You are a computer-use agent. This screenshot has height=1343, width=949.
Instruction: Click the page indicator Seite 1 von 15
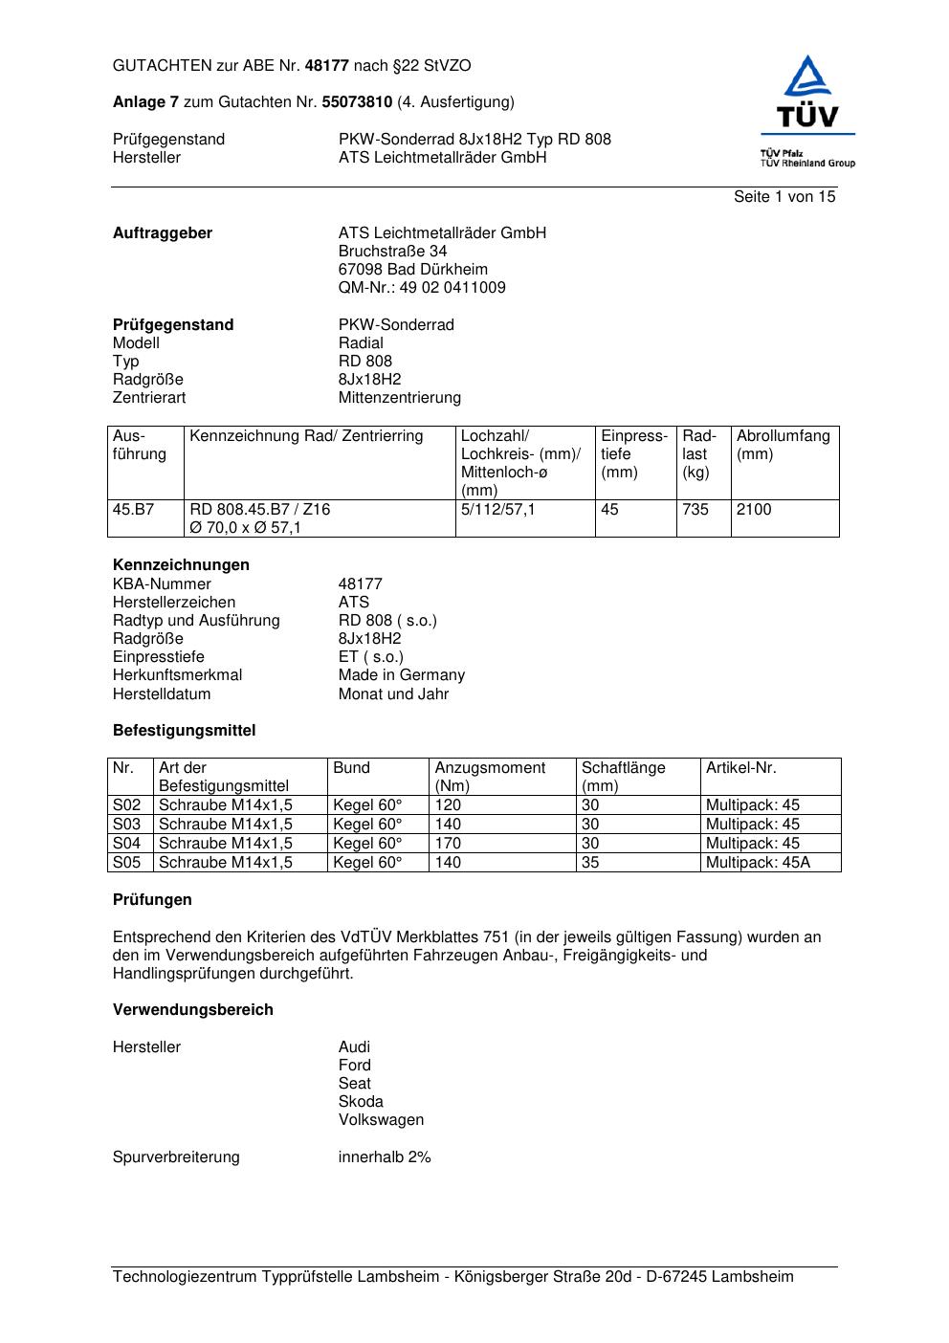tap(784, 197)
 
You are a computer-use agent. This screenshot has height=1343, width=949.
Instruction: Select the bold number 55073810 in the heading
tap(357, 102)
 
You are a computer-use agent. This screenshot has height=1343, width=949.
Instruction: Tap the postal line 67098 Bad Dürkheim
tap(412, 270)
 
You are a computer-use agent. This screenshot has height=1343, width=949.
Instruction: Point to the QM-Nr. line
tap(422, 288)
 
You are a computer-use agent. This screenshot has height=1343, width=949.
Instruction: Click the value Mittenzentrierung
tap(399, 398)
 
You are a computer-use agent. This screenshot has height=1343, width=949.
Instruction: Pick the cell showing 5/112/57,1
tap(498, 510)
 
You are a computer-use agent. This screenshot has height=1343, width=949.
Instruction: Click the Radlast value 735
tap(695, 510)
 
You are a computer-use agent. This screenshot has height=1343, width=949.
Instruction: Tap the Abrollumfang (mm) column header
tap(783, 445)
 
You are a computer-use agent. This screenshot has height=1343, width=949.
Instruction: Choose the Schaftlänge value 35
tap(590, 863)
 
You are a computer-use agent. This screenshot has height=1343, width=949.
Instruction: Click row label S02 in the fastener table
tap(126, 805)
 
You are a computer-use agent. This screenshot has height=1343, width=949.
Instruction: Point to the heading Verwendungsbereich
tap(193, 1010)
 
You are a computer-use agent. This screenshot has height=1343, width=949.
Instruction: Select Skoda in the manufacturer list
tap(361, 1102)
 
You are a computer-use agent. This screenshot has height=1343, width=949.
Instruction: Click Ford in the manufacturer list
tap(354, 1066)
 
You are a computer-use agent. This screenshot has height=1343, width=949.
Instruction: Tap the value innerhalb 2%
tap(385, 1157)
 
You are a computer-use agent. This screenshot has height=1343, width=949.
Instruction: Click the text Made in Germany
tap(402, 675)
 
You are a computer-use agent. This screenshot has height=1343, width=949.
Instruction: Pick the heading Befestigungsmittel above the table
tap(185, 731)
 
